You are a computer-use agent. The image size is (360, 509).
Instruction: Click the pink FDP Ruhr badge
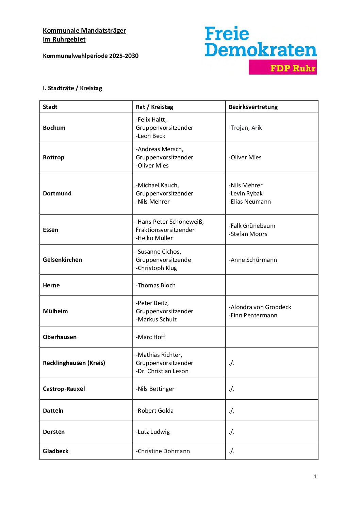[283, 67]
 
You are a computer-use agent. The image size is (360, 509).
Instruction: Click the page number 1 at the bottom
[315, 476]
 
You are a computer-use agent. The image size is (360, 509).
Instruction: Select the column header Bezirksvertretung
[253, 107]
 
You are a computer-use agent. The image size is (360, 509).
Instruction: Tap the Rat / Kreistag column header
[154, 107]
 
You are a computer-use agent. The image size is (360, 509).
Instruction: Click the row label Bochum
[54, 128]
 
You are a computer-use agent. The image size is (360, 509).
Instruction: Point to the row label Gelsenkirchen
[62, 260]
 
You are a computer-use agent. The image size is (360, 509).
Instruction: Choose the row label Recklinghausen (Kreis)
[74, 363]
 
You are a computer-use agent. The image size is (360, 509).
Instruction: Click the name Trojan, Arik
[246, 128]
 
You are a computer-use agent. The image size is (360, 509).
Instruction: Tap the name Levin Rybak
[246, 193]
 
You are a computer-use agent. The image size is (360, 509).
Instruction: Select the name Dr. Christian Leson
[163, 371]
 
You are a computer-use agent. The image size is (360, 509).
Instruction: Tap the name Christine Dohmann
[163, 451]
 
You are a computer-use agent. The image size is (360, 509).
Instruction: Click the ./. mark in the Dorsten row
[232, 432]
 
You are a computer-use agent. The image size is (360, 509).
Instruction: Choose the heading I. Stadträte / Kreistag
[72, 88]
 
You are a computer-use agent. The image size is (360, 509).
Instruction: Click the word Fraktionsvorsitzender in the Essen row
[165, 230]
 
